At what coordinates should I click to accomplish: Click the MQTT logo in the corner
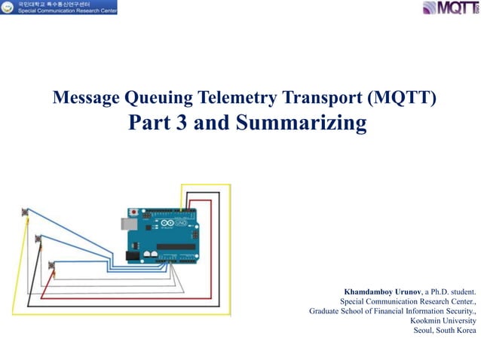[x=450, y=9]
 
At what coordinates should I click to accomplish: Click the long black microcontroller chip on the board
[x=177, y=246]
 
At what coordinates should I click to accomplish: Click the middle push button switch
[x=38, y=239]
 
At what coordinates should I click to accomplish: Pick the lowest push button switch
[x=51, y=265]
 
